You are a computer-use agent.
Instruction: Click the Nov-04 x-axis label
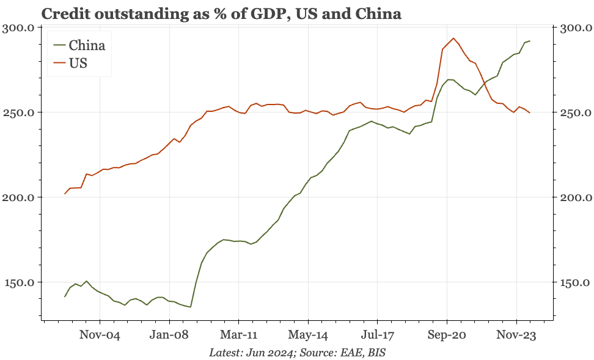coord(100,335)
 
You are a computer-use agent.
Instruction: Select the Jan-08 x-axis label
coord(169,335)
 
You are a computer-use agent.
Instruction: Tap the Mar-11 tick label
coord(238,335)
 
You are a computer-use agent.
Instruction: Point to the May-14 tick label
coord(308,335)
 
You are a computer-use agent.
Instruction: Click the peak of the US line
coord(453,39)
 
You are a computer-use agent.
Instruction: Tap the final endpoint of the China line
coord(530,41)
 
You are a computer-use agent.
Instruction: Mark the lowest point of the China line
coord(191,307)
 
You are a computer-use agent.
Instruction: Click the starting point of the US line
coord(65,194)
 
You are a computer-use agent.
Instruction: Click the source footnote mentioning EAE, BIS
coord(297,353)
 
